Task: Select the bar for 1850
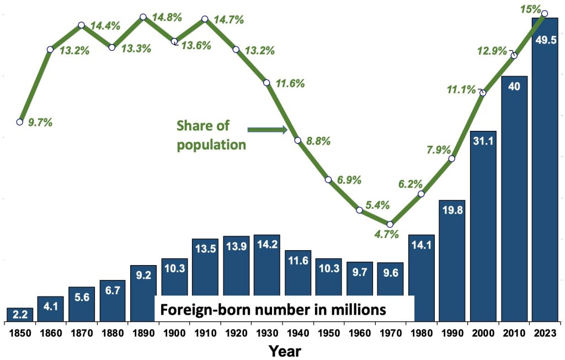[19, 315]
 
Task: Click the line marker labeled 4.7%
[390, 224]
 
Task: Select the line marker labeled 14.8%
[143, 17]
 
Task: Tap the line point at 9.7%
[20, 121]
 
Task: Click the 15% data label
[530, 8]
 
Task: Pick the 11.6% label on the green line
[290, 84]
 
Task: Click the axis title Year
[284, 350]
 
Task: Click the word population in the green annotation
[211, 145]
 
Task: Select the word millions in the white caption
[358, 309]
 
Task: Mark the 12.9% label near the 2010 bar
[492, 51]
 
